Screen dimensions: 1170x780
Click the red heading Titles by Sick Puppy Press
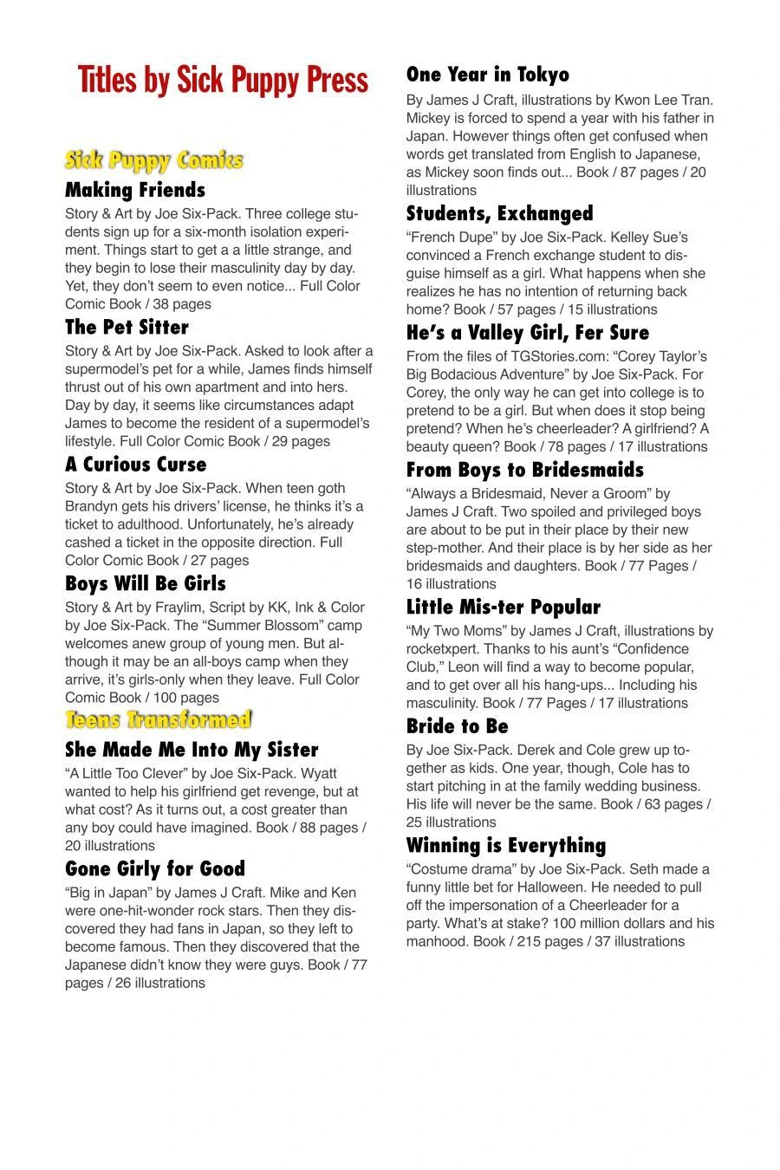[x=223, y=80]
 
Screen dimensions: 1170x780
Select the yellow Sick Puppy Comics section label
[x=153, y=160]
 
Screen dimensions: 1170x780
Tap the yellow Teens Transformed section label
[x=158, y=720]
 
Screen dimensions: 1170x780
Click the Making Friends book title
[x=135, y=190]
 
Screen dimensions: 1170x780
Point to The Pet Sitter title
[x=127, y=328]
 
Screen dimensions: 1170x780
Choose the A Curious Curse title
[x=135, y=465]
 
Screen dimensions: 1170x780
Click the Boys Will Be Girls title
[x=146, y=584]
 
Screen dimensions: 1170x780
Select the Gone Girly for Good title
[x=155, y=869]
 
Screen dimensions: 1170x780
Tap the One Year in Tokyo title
[x=488, y=75]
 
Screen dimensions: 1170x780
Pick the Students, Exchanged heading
[x=500, y=213]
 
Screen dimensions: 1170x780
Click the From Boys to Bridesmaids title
[x=525, y=470]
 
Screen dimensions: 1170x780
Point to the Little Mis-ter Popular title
[x=504, y=608]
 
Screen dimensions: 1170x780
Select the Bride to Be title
[x=458, y=726]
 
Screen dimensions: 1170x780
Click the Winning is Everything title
[x=506, y=846]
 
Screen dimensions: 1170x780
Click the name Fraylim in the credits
[x=180, y=608]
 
